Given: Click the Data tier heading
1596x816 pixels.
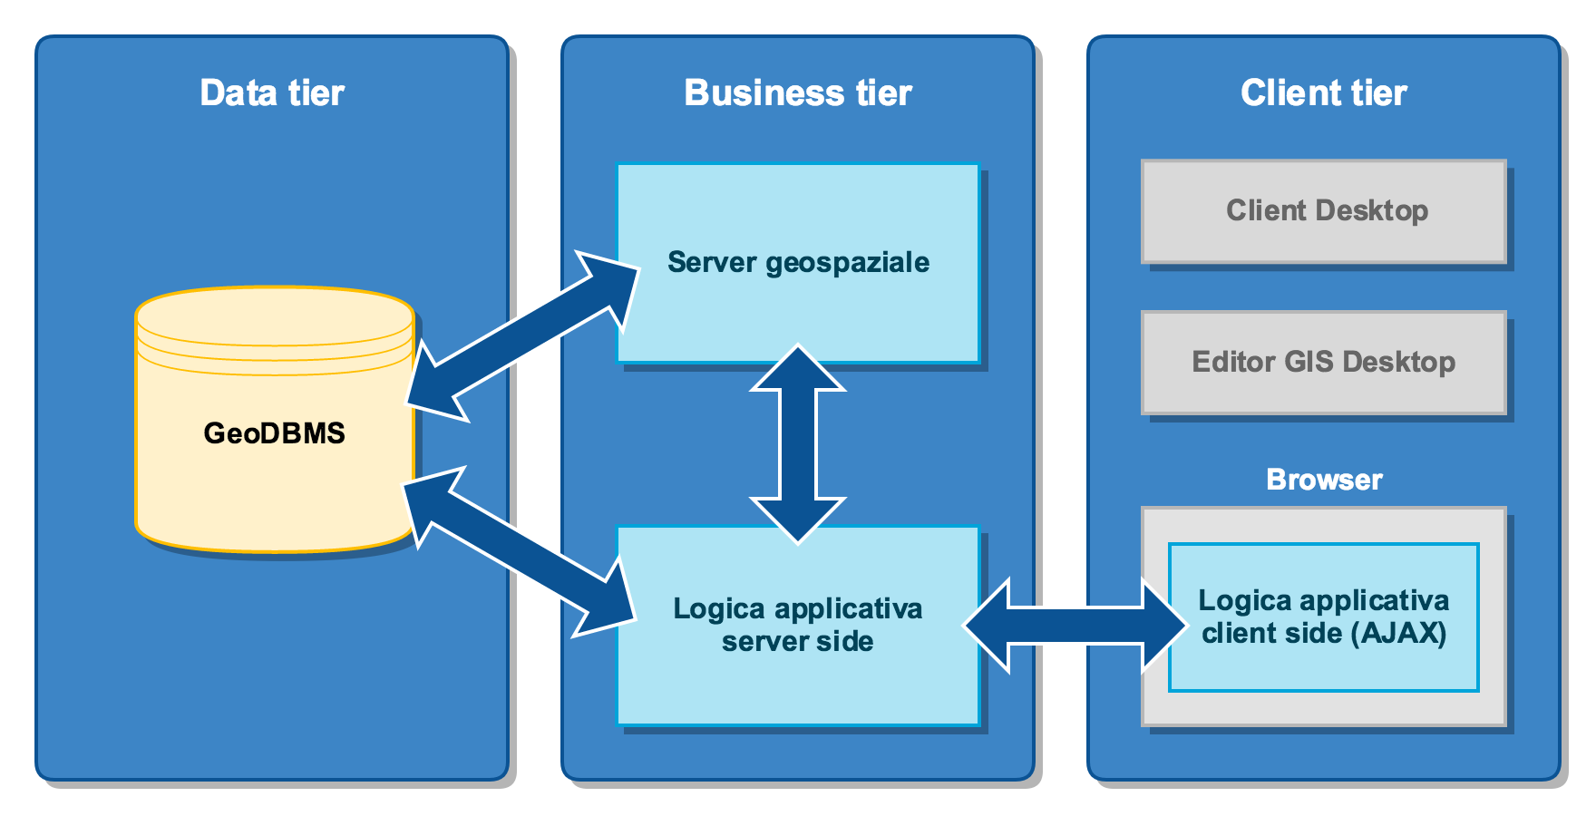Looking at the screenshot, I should click(272, 93).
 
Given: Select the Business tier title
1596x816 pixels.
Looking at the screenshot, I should click(798, 93).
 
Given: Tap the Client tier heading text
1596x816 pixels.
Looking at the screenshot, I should click(1323, 93).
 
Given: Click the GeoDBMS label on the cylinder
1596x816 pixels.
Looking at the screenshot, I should click(274, 433).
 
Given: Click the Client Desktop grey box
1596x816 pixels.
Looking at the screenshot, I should click(1323, 211).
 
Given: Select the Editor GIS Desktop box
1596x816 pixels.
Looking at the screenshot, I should click(1323, 363).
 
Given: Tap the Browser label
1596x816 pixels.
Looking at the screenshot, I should click(1324, 480).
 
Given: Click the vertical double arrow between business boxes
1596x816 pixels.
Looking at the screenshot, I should click(798, 444).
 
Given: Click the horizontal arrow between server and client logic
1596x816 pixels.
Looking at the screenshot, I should click(1075, 626).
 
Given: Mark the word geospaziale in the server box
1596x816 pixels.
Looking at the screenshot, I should click(847, 263).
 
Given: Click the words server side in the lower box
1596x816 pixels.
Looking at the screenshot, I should click(798, 642).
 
